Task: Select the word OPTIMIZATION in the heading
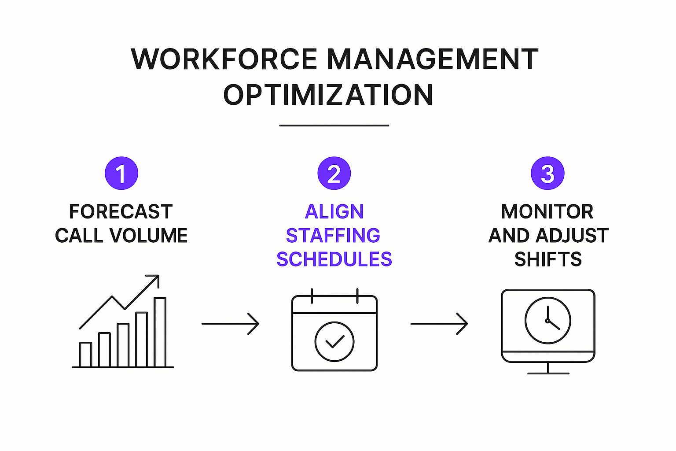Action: (328, 94)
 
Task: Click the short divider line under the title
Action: (334, 126)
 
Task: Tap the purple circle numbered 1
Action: (121, 173)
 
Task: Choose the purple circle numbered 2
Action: (334, 173)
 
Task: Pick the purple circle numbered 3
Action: (547, 173)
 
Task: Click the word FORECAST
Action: (121, 211)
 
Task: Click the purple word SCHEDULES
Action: (334, 259)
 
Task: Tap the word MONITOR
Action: (547, 211)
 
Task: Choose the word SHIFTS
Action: (548, 259)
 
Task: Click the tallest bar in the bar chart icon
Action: (160, 332)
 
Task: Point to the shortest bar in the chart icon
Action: (85, 355)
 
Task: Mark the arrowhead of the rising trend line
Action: (155, 278)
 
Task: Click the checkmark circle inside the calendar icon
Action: (334, 342)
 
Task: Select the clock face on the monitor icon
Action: (548, 321)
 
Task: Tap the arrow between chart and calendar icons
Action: (230, 324)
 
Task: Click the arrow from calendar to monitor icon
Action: (439, 324)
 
